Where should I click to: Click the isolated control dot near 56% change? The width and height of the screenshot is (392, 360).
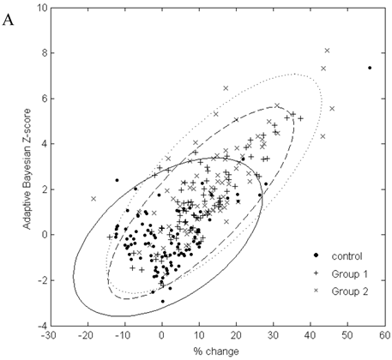(x=370, y=68)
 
